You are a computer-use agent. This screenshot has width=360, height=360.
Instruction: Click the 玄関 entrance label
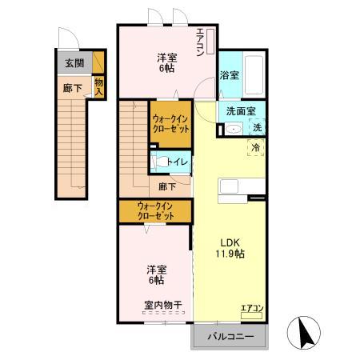pos(74,62)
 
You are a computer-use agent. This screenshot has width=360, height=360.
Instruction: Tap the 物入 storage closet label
pos(99,86)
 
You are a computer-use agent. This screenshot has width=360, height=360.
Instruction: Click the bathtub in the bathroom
pos(254,74)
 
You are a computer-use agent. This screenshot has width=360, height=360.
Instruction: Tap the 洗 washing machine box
pos(258,128)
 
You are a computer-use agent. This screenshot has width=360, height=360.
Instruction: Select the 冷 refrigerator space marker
pos(256,148)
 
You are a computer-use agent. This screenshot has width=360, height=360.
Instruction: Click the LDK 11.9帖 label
pos(230,247)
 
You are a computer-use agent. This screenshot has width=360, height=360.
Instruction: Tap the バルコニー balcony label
pos(231,337)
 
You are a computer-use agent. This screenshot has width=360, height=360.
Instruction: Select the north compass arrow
pos(306,331)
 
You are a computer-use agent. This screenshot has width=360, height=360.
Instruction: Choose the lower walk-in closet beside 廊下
pos(155,210)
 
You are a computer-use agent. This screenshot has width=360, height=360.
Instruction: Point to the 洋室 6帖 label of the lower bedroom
pos(155,274)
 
